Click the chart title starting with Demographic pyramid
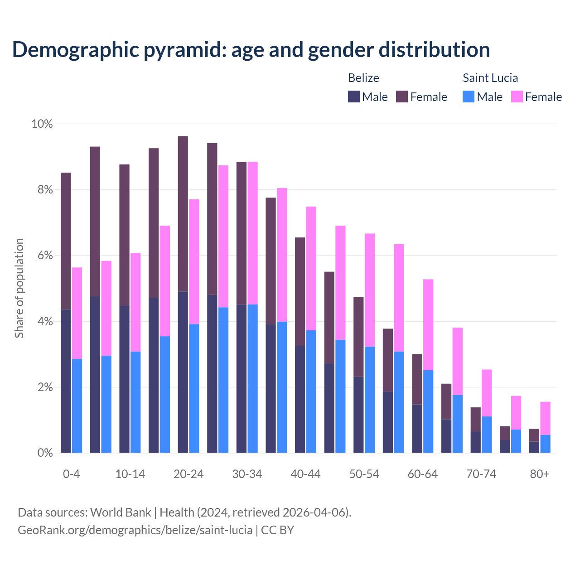[x=251, y=50]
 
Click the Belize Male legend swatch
[x=354, y=97]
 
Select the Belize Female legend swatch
[x=402, y=97]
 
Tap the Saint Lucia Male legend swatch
[x=469, y=97]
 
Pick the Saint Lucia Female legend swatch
[x=517, y=97]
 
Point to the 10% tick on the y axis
[x=42, y=124]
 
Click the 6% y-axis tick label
[x=45, y=256]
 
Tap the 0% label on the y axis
[x=45, y=453]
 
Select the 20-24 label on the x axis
[x=188, y=474]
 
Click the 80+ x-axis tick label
[x=540, y=474]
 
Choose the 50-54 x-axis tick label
[x=364, y=474]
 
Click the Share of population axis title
[x=19, y=288]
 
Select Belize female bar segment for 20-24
[x=183, y=213]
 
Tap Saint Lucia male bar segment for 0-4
[x=77, y=406]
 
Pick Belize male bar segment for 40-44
[x=300, y=399]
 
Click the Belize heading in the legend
[x=363, y=78]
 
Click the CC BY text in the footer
[x=278, y=530]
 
